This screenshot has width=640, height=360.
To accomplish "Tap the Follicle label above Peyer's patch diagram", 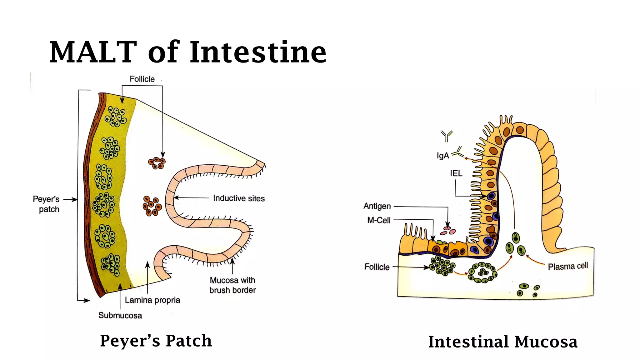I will [x=142, y=79].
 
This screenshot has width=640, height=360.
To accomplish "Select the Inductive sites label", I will [x=239, y=198].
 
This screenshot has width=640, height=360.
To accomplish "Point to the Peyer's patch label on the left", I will [x=46, y=204].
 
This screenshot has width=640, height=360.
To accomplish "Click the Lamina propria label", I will [x=152, y=300].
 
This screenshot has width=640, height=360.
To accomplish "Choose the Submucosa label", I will [x=120, y=315].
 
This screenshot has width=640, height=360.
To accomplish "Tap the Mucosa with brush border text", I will [x=232, y=285].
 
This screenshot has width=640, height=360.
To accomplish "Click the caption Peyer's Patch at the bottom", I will [x=156, y=341].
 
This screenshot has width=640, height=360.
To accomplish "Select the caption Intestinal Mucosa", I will [x=502, y=342].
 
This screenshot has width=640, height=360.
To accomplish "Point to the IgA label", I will [x=443, y=155].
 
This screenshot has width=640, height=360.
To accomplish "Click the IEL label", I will [x=456, y=173].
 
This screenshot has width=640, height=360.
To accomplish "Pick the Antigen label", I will [x=377, y=206].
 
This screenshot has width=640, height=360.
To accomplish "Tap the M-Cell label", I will [x=379, y=220].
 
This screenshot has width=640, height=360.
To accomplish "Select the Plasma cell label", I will [x=568, y=266].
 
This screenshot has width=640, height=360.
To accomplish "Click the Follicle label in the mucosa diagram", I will [x=377, y=267].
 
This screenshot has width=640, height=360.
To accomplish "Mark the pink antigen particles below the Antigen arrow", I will [x=448, y=231].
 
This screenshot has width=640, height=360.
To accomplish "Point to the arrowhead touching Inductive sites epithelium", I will [x=176, y=197].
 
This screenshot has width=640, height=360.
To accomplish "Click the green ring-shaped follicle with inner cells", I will [x=482, y=272].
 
